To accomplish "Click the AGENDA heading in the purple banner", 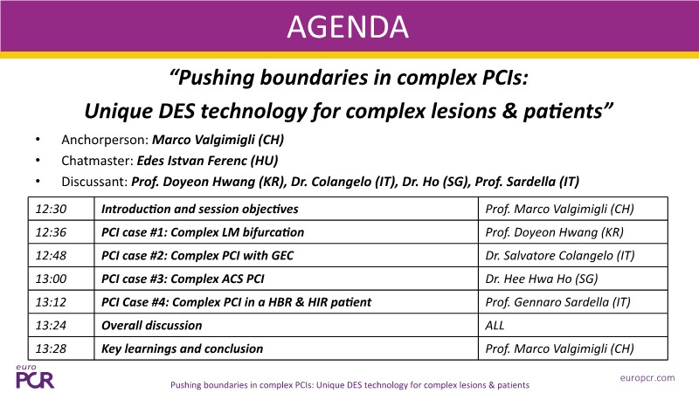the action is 348,27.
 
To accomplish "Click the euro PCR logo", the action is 35,377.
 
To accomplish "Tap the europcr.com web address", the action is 647,378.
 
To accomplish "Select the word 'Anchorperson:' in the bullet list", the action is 105,140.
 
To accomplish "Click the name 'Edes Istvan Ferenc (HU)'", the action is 207,161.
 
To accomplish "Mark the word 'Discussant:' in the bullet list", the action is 94,182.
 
